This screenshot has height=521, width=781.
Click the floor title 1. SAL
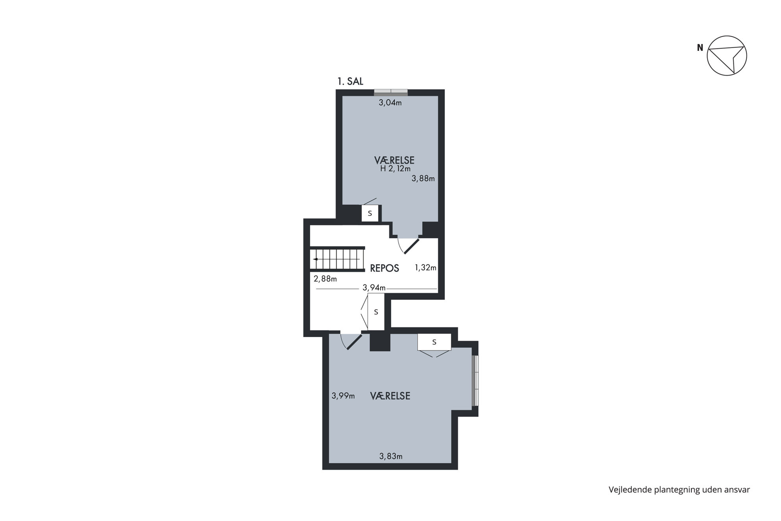pos(350,82)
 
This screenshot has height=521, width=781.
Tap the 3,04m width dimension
pos(390,103)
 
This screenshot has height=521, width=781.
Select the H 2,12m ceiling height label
pos(395,169)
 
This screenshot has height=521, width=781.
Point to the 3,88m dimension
pos(423,179)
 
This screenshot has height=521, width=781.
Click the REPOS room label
pos(385,269)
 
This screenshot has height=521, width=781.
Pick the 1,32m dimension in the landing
pos(426,268)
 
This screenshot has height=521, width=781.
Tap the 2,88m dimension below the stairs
pos(325,279)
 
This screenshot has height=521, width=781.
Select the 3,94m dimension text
pos(374,288)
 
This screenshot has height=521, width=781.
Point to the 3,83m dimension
pos(391,456)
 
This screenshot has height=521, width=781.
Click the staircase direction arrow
pos(315,259)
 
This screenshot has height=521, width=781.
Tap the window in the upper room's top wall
pos(391,93)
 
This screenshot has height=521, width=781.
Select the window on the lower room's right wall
pos(475,381)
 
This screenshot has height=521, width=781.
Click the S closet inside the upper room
pos(370,213)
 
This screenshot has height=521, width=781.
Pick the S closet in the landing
pos(376,312)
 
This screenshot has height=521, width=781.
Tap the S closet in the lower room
pos(434,342)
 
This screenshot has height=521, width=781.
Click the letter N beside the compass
pos(700,48)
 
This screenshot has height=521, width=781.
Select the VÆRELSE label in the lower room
pos(390,396)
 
